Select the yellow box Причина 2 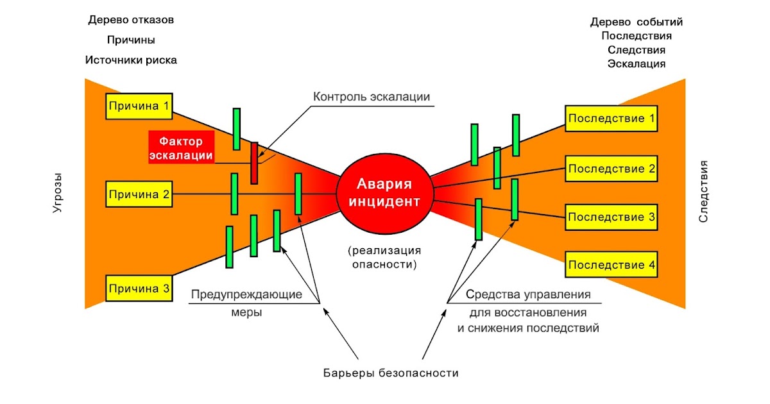[139, 194]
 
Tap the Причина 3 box [139, 289]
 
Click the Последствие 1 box [612, 119]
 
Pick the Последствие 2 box [612, 169]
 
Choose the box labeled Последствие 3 [612, 217]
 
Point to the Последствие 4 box [612, 265]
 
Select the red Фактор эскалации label [181, 147]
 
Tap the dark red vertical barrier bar [254, 162]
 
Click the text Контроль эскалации [372, 97]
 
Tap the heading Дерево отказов [131, 20]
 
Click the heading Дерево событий [637, 22]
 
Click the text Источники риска [131, 60]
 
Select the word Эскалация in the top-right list [637, 63]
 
